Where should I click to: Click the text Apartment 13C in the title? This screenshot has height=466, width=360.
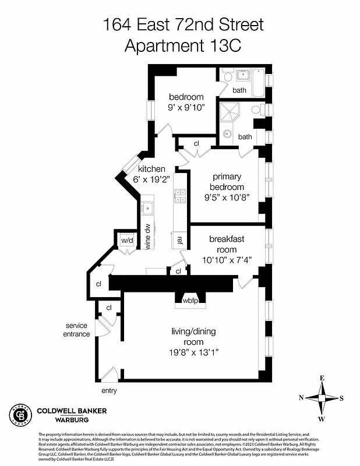(182, 45)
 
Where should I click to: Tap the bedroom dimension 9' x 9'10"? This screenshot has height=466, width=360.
(186, 107)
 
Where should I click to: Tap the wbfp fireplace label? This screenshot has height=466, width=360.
(190, 301)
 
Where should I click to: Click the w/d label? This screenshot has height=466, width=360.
(127, 241)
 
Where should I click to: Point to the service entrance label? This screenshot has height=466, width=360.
(77, 330)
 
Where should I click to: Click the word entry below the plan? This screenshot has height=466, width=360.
(109, 390)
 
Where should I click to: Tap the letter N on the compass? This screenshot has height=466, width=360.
(301, 398)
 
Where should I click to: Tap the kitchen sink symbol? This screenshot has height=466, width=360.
(149, 207)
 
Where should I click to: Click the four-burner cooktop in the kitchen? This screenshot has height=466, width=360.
(180, 196)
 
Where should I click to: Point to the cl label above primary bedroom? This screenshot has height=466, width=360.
(196, 143)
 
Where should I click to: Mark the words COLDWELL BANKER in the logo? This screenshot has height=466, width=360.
(72, 411)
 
